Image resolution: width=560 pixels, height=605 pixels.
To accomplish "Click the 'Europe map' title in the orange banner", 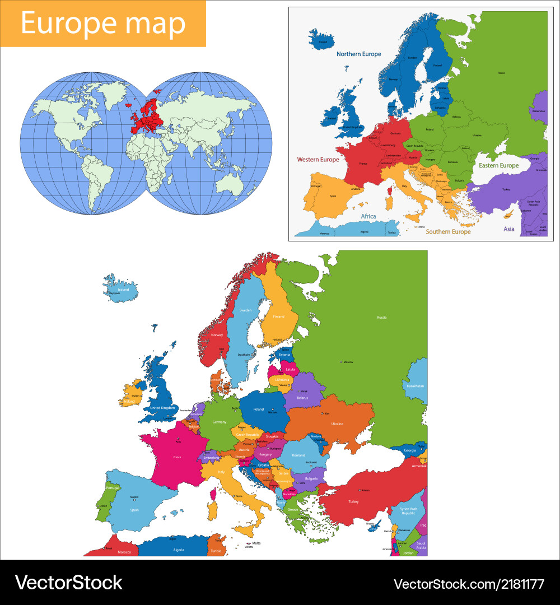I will pos(103,24).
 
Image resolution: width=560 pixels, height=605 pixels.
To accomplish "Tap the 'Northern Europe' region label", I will pos(358,54).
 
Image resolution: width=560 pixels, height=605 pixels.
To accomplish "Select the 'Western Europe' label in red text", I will pos(318,160).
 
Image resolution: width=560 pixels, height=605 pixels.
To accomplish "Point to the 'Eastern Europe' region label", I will pos(498,166).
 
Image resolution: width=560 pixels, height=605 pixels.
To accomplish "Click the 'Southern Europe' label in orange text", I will pos(448,231).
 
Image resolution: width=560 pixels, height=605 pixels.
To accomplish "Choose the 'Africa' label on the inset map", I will pos(368,216).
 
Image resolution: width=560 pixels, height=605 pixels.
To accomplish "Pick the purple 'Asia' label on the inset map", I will pos(508,229).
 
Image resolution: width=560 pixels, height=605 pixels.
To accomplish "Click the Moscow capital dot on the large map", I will pos(340,362).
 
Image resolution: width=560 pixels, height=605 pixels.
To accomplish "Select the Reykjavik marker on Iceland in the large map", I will pos(108,293).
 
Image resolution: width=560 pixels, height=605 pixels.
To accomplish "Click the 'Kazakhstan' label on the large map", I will pos(415,387).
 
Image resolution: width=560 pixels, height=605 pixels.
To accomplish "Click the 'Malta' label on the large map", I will pos(256,543).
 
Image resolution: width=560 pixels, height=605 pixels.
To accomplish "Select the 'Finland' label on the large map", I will pos(278,317).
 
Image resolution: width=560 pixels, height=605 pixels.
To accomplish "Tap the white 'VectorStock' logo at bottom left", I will pos(68,583).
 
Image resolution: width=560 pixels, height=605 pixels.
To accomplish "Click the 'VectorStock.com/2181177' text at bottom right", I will pos(469,584).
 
